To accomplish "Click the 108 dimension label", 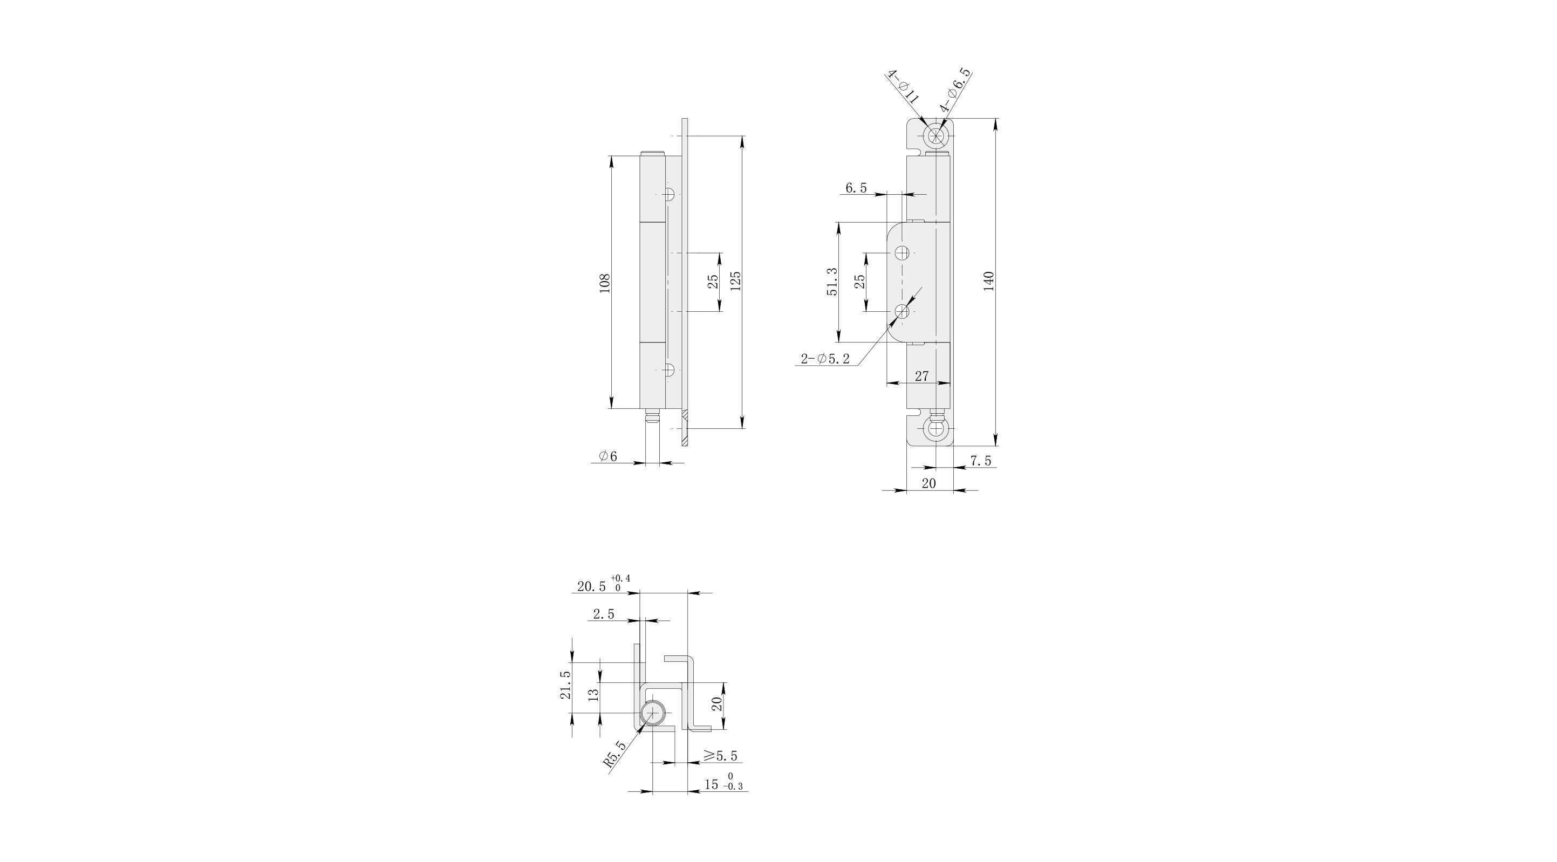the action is click(x=605, y=283).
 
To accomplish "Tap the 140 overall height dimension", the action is click(x=989, y=282).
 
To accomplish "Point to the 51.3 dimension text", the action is click(x=832, y=282).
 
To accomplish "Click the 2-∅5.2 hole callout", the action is click(x=825, y=359).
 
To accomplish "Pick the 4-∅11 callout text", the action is click(x=903, y=88).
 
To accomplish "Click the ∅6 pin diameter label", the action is click(x=608, y=456).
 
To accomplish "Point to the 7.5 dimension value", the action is click(x=980, y=461).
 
